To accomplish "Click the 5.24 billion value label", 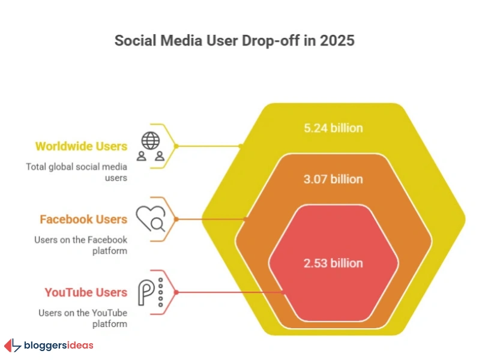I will coord(333,128).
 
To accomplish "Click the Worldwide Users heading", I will coord(81,146).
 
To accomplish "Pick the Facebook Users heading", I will coord(83,219).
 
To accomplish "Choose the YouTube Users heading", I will coord(86,292).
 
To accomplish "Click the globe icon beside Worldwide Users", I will coord(150,140).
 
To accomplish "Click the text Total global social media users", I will coord(76,172).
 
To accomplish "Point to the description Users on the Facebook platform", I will coord(80,245).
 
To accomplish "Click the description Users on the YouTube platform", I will coord(83,318).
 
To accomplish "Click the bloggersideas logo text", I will coord(58,345).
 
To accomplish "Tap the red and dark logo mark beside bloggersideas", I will coord(12,346).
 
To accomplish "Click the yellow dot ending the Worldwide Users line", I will coord(240,146).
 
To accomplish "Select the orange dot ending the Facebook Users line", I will coord(244,219).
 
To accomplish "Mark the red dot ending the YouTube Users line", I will coord(283,292).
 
